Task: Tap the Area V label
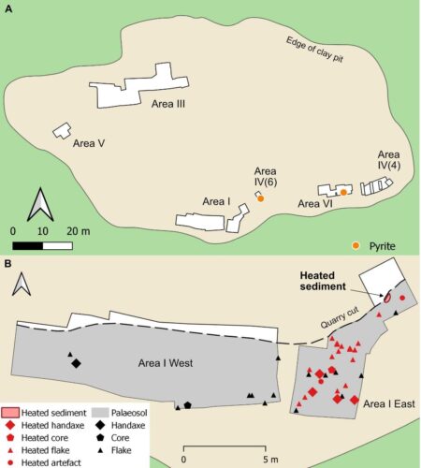pyautogui.click(x=88, y=145)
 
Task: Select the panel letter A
pyautogui.click(x=9, y=10)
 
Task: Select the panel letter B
pyautogui.click(x=9, y=265)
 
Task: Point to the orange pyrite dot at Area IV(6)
pyautogui.click(x=261, y=198)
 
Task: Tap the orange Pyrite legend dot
pyautogui.click(x=356, y=245)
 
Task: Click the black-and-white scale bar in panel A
pyautogui.click(x=43, y=245)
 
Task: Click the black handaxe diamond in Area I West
pyautogui.click(x=75, y=363)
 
